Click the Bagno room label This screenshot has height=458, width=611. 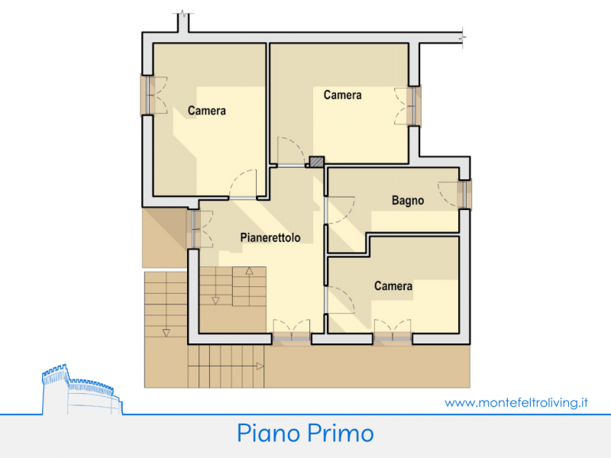408,201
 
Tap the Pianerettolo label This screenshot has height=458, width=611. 270,237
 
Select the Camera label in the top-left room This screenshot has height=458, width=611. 206,111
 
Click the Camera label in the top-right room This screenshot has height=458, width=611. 342,95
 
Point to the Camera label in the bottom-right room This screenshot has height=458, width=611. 393,286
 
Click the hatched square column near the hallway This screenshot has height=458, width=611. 316,162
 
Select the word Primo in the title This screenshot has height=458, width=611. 341,434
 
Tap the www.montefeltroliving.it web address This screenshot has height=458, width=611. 516,402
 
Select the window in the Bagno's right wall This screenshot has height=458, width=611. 464,195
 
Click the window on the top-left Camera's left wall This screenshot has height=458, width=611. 147,95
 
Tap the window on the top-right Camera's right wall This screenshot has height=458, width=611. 414,105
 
